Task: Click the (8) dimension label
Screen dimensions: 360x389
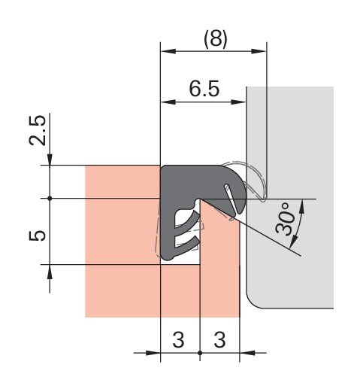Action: point(216,39)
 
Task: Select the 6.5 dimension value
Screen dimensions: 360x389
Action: point(204,89)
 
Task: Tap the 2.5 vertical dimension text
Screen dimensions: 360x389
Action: point(38,130)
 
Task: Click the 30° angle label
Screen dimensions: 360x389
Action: point(283,218)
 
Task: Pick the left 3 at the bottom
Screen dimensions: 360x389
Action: point(178,339)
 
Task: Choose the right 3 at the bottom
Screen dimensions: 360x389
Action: point(219,339)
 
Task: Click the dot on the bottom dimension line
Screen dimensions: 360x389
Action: point(200,353)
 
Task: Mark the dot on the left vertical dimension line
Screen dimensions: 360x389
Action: point(50,199)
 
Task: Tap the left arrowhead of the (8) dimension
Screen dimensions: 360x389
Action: point(168,51)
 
